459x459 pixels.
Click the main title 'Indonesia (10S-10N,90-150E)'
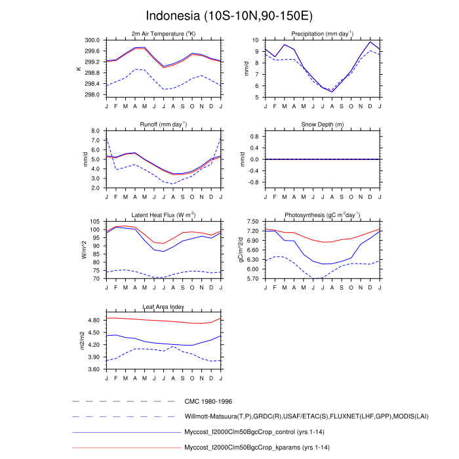point(229,15)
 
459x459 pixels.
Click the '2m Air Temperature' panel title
point(163,33)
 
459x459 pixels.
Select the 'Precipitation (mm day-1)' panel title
point(319,33)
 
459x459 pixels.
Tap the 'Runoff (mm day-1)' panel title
point(163,124)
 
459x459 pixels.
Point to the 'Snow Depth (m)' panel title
point(319,124)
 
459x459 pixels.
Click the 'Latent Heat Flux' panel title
point(163,215)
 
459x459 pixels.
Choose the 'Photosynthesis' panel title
point(319,215)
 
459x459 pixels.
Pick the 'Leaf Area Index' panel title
point(163,306)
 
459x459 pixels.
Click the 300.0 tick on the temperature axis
point(92,40)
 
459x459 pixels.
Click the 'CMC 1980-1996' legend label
point(209,401)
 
